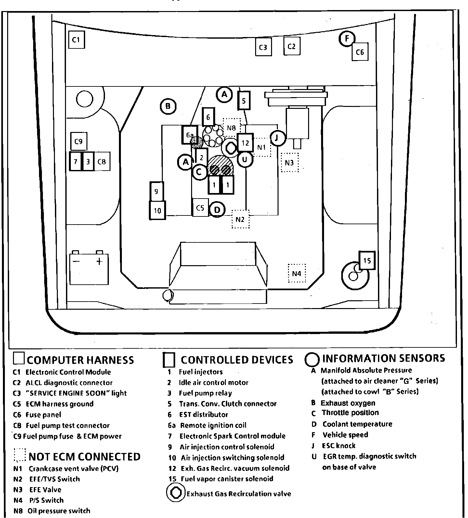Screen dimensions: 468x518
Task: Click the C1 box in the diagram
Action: (x=76, y=40)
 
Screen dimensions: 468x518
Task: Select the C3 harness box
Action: (x=263, y=47)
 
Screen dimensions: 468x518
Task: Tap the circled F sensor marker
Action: (x=347, y=39)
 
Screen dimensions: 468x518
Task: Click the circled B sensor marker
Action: (x=168, y=106)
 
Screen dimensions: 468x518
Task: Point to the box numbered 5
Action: (x=244, y=100)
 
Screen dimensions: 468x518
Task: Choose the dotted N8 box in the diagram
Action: (x=231, y=128)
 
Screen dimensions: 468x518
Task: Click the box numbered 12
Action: (x=245, y=143)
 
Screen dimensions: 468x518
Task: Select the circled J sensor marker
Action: (x=277, y=138)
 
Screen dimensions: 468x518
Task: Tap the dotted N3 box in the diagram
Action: (x=289, y=162)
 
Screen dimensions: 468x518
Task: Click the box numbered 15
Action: (x=367, y=260)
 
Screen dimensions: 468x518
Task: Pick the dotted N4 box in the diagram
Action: (x=297, y=273)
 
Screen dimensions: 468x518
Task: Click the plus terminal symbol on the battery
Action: (x=99, y=261)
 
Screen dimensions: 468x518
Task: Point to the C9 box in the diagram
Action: (x=79, y=141)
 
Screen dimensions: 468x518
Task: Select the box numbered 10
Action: (x=157, y=211)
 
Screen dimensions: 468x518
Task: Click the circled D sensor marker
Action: (x=217, y=210)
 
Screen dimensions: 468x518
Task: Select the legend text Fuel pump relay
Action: (x=205, y=393)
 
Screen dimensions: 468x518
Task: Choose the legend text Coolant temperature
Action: (x=357, y=424)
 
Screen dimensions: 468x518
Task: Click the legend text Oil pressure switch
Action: (x=59, y=511)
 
